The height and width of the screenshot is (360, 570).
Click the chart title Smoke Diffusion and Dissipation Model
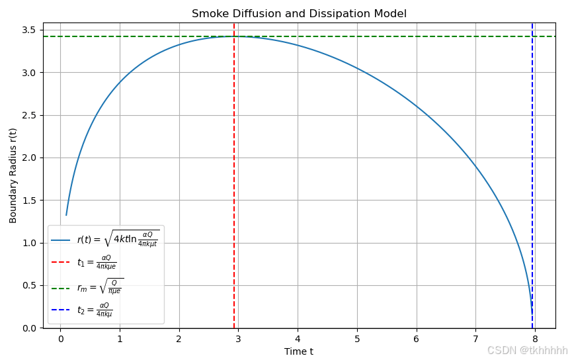299,14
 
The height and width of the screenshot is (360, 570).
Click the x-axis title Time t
299,351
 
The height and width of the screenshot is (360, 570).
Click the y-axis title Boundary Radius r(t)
13,175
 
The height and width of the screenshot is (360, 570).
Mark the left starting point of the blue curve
66,215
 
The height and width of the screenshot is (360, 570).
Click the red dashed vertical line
234,165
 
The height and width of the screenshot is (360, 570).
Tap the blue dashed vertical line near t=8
532,165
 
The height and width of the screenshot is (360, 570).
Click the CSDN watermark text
527,350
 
